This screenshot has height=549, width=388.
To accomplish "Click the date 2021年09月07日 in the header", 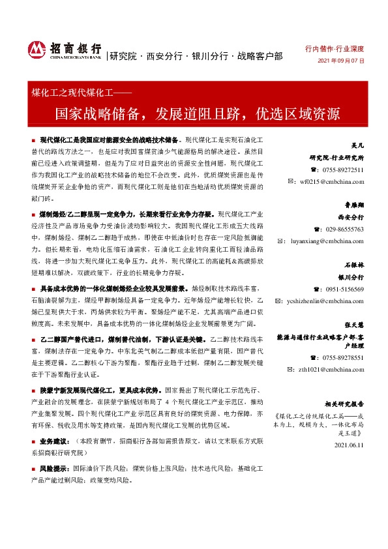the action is [340, 61].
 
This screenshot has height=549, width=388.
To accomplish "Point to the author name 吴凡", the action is [357, 147].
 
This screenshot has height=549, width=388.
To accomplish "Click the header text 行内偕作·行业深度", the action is [335, 49].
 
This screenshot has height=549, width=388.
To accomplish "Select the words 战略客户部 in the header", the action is [260, 56].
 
